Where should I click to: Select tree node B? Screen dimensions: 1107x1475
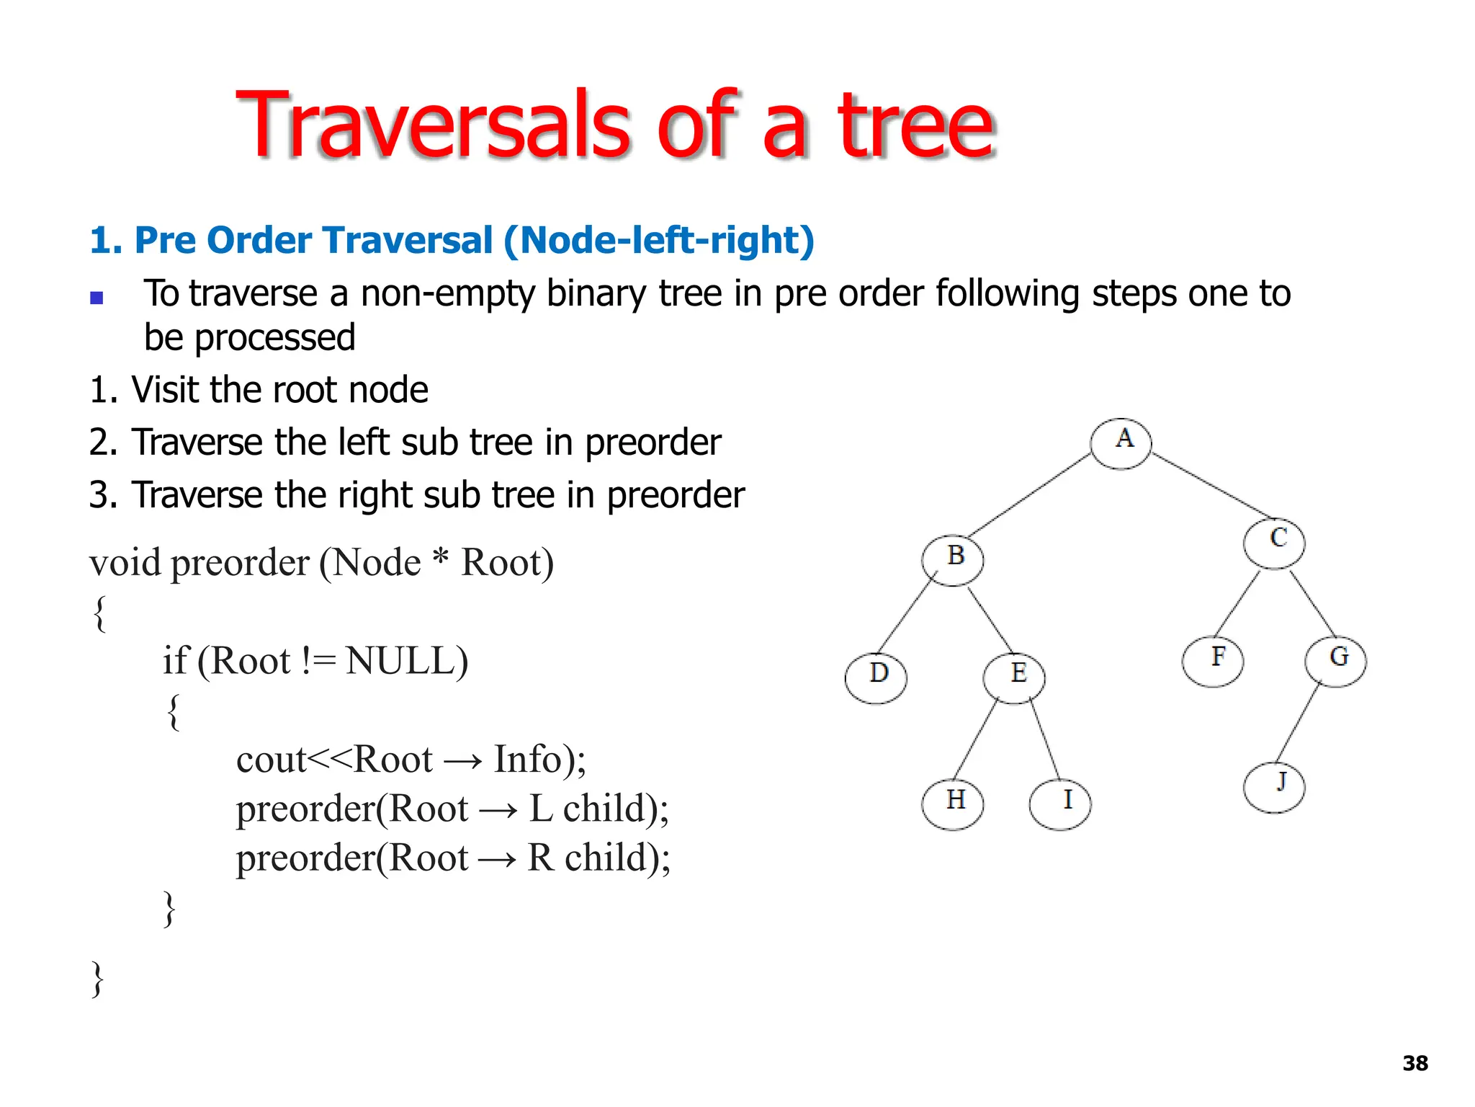pos(952,560)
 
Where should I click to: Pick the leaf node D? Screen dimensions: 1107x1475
pos(876,677)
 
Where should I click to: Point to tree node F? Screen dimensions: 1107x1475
pos(1213,661)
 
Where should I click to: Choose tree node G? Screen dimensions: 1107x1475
pos(1335,661)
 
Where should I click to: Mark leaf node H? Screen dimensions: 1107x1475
pos(952,804)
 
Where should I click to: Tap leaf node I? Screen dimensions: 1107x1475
pos(1060,804)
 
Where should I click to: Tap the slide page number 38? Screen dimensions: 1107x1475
pos(1415,1063)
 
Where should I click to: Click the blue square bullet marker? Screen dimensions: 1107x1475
pos(97,298)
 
